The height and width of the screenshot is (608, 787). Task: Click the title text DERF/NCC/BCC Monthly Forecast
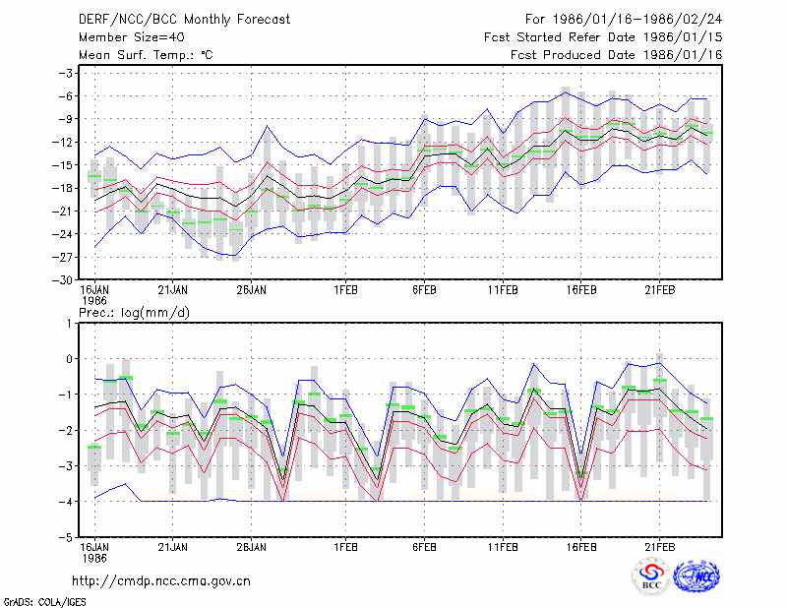tap(184, 20)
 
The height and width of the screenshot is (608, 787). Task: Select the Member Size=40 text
tap(132, 37)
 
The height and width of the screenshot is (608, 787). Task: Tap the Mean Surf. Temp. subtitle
tap(146, 55)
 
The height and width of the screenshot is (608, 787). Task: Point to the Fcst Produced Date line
tap(617, 55)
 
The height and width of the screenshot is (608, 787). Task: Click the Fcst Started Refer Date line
tap(603, 37)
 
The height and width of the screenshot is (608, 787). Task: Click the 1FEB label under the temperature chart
tap(346, 290)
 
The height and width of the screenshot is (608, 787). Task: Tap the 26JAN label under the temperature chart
tap(252, 290)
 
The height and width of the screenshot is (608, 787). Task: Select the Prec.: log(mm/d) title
tap(134, 313)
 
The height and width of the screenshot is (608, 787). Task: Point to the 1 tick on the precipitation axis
tap(69, 324)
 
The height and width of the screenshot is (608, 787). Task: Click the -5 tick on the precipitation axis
tap(68, 537)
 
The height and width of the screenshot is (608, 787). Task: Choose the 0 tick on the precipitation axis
tap(69, 359)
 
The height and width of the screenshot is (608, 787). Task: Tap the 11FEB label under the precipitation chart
tap(503, 547)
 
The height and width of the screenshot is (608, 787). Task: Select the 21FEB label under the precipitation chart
tap(660, 547)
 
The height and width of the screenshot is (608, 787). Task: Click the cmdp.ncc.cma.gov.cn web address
tap(161, 580)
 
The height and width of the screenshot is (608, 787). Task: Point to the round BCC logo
tap(651, 578)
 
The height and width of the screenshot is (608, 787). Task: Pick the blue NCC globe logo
tap(696, 577)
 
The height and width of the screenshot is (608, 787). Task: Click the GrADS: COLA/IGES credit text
tap(44, 602)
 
